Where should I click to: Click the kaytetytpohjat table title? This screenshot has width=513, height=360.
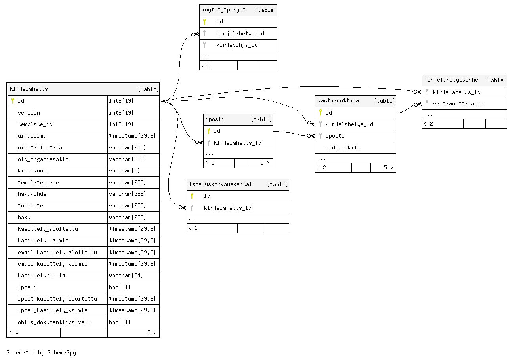[223, 10]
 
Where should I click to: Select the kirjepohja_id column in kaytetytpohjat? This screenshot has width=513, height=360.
[237, 45]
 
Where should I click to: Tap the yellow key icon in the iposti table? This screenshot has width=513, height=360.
[209, 131]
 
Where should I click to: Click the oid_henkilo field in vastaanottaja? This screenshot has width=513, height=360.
[343, 147]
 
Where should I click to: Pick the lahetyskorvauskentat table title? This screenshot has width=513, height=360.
[220, 184]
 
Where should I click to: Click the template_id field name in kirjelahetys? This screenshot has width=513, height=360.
[35, 124]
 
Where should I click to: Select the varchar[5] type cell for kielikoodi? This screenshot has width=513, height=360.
[124, 170]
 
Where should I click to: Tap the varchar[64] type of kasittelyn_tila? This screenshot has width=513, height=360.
[126, 275]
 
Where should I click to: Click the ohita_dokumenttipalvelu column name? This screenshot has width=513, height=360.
[54, 322]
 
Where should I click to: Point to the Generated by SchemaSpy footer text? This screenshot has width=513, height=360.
[41, 352]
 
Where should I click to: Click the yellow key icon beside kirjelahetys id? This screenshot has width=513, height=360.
[13, 101]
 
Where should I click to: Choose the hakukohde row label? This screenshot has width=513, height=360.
[32, 194]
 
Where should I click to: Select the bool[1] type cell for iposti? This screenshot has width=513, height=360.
[119, 287]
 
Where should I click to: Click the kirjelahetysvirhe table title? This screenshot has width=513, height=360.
[451, 80]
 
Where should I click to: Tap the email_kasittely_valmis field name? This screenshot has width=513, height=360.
[53, 264]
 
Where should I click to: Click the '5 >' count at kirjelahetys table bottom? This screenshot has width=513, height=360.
[152, 332]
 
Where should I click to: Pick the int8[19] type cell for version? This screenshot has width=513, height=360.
[121, 113]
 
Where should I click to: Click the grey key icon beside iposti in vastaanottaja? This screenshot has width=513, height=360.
[320, 136]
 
